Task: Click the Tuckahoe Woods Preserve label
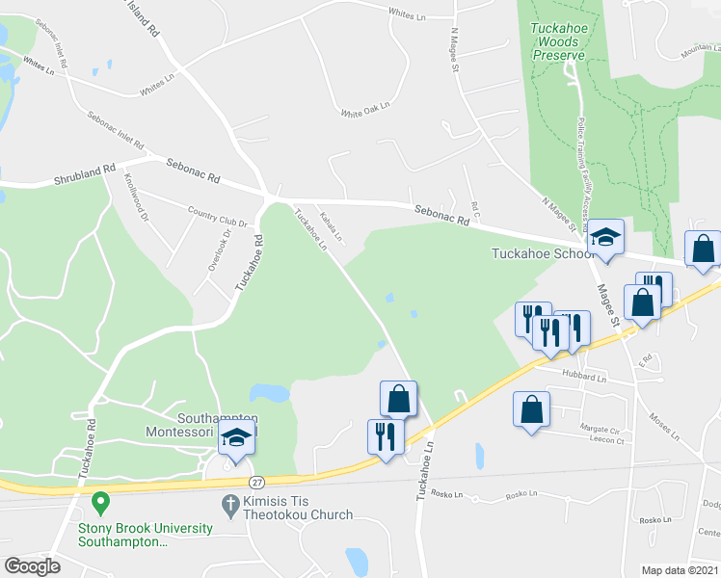point(558,41)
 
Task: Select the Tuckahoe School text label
point(543,254)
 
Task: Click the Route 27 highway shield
point(255,481)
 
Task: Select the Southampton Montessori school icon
point(236,437)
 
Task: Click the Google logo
point(33,566)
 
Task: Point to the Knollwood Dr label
point(136,197)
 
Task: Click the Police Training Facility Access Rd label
point(586,173)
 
